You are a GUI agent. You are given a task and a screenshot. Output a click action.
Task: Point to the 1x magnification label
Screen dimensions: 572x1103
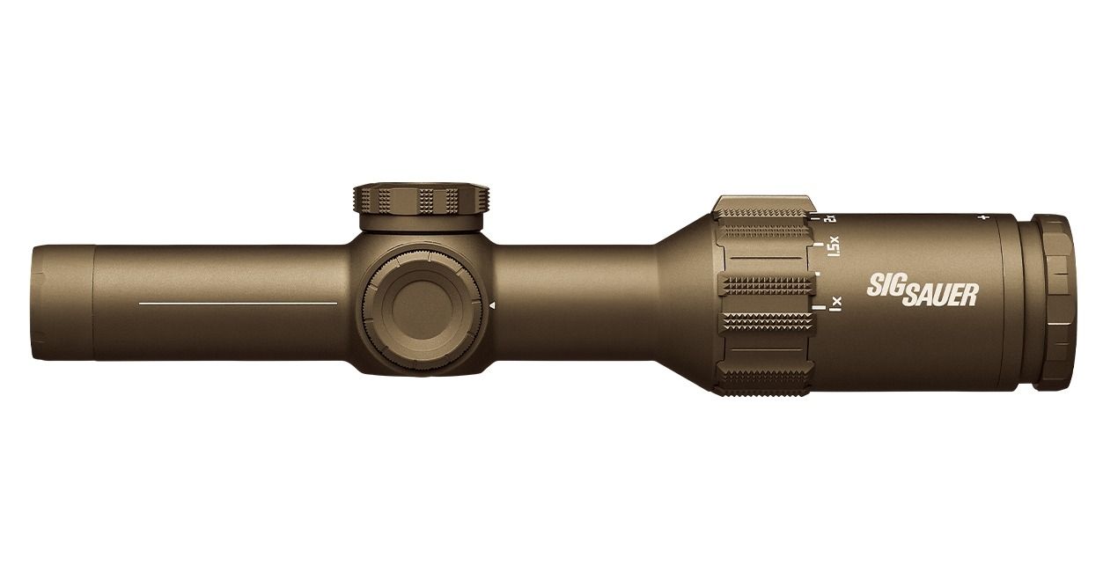835,304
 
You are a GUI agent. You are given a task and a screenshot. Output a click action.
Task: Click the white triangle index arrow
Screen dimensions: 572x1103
492,305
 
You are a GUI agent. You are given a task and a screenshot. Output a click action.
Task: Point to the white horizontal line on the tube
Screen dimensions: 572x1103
238,303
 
